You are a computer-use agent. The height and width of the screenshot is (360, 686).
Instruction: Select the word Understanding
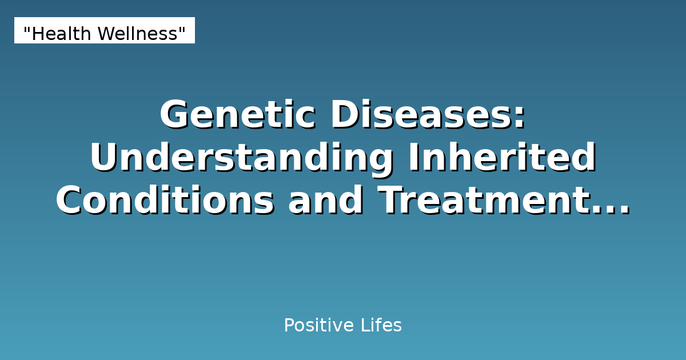(x=241, y=158)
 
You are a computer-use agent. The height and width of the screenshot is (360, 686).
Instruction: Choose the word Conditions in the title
(x=165, y=201)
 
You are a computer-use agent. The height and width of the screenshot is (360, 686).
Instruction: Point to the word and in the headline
(x=326, y=201)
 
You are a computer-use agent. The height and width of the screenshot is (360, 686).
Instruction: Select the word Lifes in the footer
(x=381, y=326)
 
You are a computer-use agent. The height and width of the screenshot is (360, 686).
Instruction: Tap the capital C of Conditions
(x=70, y=201)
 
